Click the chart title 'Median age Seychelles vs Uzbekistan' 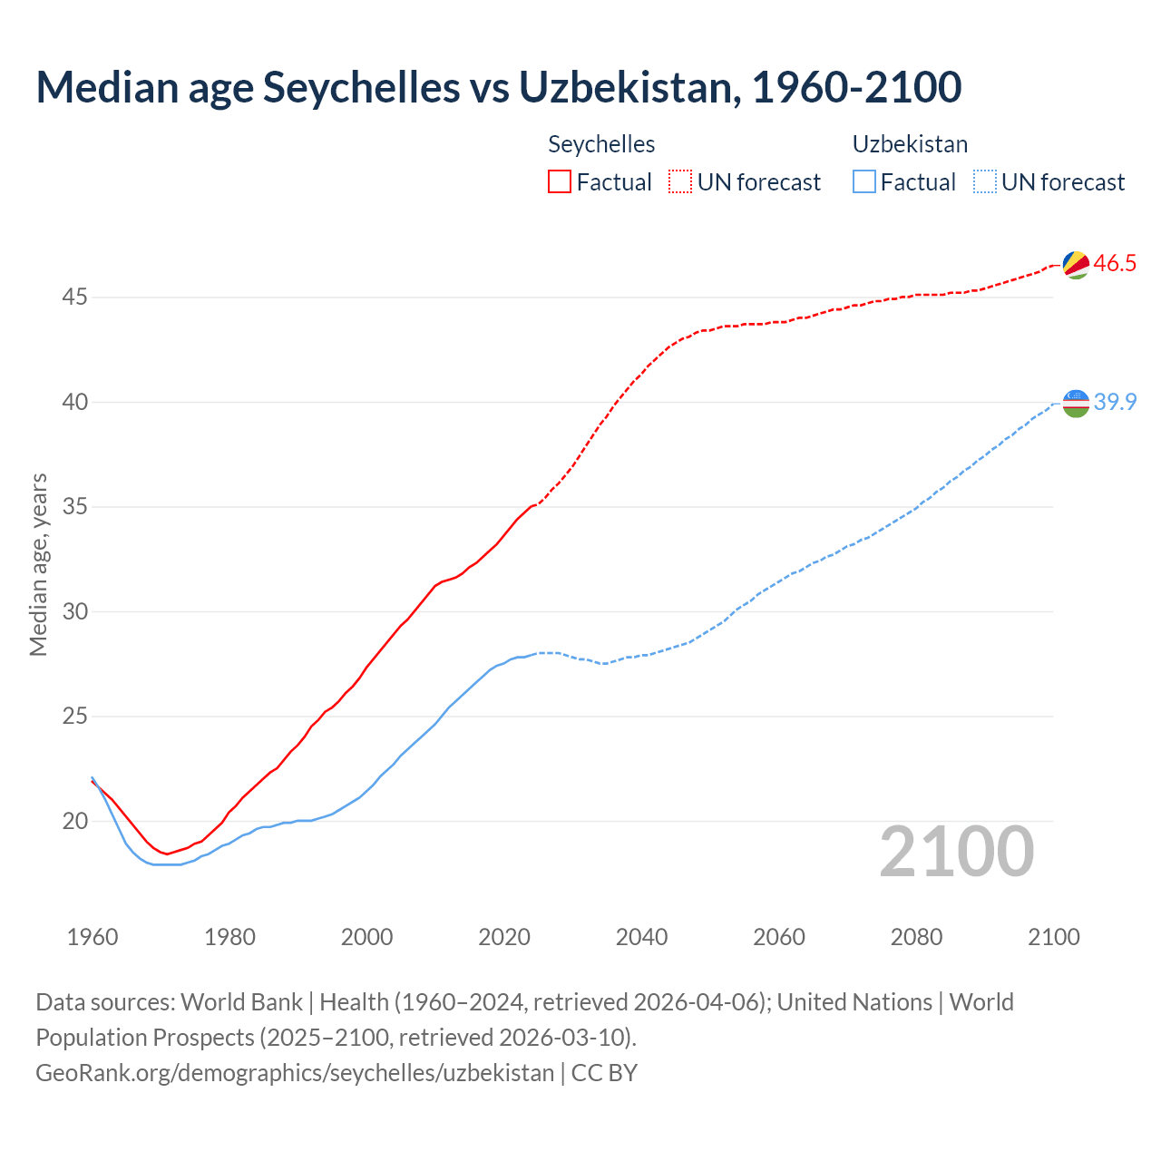[x=498, y=88]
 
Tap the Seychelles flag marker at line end [x=1075, y=264]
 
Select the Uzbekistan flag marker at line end [x=1075, y=403]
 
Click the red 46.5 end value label [x=1115, y=264]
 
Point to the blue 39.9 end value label [x=1115, y=402]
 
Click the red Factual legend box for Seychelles [x=560, y=182]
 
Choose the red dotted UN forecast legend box [x=680, y=182]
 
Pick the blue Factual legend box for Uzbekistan [x=864, y=182]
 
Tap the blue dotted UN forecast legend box [x=984, y=182]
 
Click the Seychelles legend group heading [x=601, y=144]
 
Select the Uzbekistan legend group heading [x=910, y=144]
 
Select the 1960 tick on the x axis [x=93, y=937]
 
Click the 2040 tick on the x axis [x=641, y=937]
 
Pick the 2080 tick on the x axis [x=916, y=937]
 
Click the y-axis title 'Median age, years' [x=38, y=564]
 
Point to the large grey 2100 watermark [x=956, y=852]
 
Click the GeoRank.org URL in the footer [x=295, y=1073]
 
